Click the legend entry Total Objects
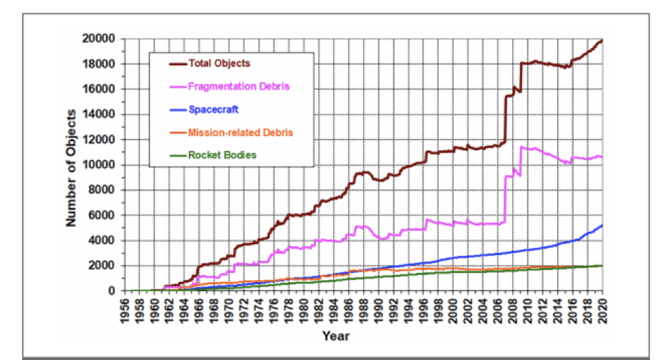[x=219, y=63]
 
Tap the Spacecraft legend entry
[x=213, y=110]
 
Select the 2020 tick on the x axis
[x=603, y=309]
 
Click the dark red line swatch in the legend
[x=178, y=64]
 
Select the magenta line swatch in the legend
[x=178, y=86]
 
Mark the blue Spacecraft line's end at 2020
[x=603, y=225]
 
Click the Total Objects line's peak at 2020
[x=603, y=40]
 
